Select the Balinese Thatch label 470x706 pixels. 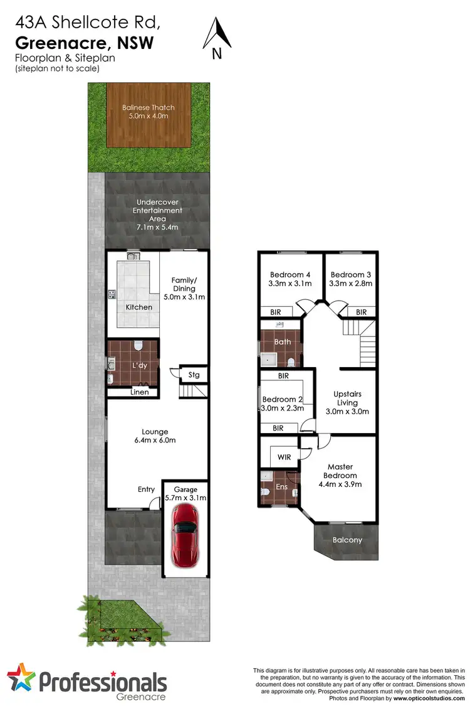click(148, 111)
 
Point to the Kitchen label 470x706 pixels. click(138, 307)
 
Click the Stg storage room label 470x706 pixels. click(194, 375)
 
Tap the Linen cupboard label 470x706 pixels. click(140, 393)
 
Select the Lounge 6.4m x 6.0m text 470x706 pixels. click(155, 436)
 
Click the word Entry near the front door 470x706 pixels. click(147, 489)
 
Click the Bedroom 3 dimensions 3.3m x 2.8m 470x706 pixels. click(351, 284)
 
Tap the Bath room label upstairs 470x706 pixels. click(282, 342)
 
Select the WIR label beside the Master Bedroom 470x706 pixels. click(284, 457)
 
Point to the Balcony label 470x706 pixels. click(347, 540)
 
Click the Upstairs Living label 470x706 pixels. click(347, 398)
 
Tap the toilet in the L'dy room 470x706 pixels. click(138, 346)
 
